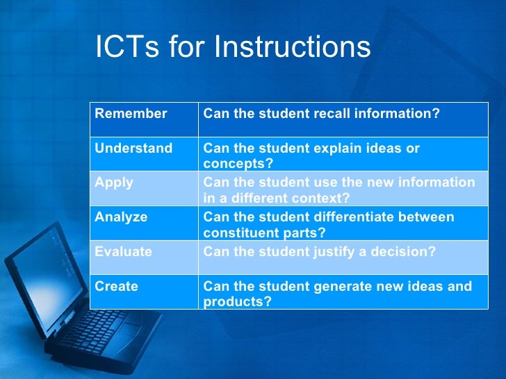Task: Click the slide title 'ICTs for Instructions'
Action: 233,47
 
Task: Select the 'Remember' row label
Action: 131,113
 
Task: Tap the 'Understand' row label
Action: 133,149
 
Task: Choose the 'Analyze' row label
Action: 121,217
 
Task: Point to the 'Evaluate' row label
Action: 123,251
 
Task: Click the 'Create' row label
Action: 116,286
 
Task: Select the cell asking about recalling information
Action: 321,113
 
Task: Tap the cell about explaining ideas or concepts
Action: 311,155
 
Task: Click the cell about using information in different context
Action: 339,189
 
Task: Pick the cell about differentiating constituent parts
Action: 328,224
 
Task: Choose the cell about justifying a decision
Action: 319,251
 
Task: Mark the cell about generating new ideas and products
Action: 337,293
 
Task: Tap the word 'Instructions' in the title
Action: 292,47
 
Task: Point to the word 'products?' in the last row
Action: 237,302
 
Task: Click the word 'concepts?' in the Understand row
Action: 238,164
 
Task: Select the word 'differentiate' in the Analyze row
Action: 361,217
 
